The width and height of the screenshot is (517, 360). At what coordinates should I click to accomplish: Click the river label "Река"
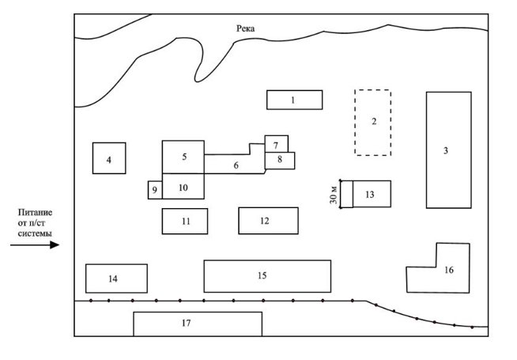click(x=245, y=28)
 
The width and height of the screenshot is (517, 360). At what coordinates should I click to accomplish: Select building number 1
click(x=294, y=100)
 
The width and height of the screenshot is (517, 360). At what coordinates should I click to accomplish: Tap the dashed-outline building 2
click(x=373, y=122)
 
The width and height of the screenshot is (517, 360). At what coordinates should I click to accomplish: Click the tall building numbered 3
click(x=449, y=150)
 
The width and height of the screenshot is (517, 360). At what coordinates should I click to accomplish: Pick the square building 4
click(x=109, y=158)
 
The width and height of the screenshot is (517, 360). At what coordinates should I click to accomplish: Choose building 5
click(x=183, y=157)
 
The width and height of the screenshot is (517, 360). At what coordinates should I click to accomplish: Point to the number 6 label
click(x=236, y=165)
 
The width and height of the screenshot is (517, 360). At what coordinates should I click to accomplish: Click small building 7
click(x=277, y=144)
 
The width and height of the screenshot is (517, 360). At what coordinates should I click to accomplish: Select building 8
click(x=280, y=161)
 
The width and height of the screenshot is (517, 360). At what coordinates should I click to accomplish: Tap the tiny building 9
click(x=155, y=190)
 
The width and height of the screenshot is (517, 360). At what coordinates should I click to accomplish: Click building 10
click(x=183, y=187)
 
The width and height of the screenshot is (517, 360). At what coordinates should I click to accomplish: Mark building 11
click(x=185, y=221)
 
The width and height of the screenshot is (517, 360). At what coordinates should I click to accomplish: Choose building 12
click(x=269, y=221)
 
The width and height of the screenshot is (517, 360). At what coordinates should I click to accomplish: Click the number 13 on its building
click(x=370, y=195)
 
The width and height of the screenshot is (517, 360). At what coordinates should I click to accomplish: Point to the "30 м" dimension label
click(x=334, y=194)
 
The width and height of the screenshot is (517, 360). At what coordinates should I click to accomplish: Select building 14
click(x=116, y=279)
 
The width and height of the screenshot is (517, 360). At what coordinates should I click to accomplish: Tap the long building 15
click(x=267, y=276)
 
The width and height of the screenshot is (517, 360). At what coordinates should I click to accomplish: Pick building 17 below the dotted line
click(x=198, y=324)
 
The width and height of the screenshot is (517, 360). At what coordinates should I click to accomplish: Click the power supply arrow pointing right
click(x=35, y=244)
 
